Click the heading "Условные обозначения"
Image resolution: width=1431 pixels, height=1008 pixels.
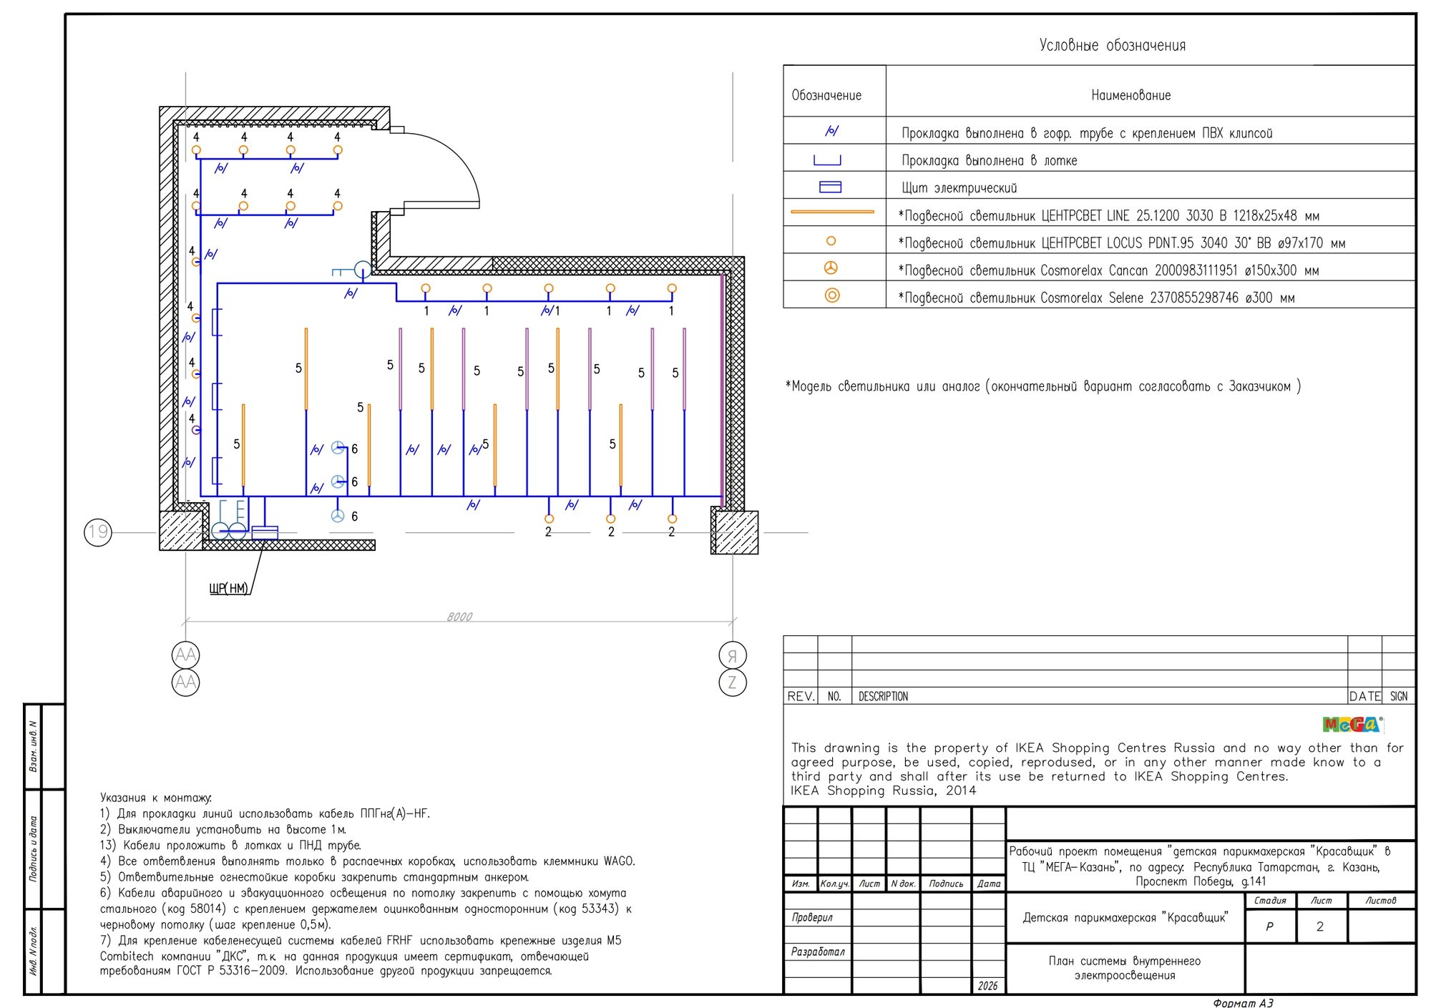[x=1112, y=45]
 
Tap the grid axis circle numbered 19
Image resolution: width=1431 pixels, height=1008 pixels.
[x=98, y=532]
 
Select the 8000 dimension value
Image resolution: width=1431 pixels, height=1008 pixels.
[x=459, y=617]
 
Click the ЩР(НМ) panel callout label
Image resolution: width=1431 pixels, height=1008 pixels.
[x=229, y=588]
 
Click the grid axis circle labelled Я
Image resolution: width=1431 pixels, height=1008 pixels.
[x=732, y=655]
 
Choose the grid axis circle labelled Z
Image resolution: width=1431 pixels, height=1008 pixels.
[x=732, y=682]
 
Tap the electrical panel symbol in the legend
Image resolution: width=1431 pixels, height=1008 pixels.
[x=830, y=187]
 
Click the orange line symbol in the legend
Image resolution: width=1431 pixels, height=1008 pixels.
[x=832, y=212]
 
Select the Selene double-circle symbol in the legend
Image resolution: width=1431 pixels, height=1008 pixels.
[x=831, y=295]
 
